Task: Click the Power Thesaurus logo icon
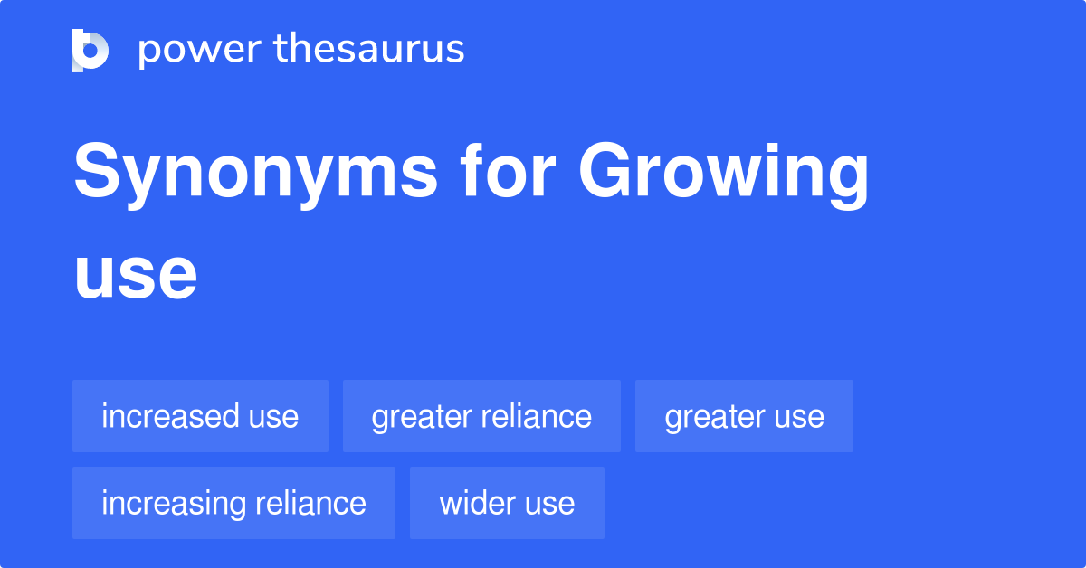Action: [90, 50]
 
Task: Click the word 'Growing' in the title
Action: [724, 174]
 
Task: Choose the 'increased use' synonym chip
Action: [200, 416]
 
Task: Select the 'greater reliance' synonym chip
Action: [481, 416]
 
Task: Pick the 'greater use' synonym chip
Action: [744, 416]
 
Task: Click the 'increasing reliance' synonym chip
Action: [233, 503]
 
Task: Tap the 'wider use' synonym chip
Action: [507, 503]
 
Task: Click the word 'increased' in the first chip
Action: [169, 416]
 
